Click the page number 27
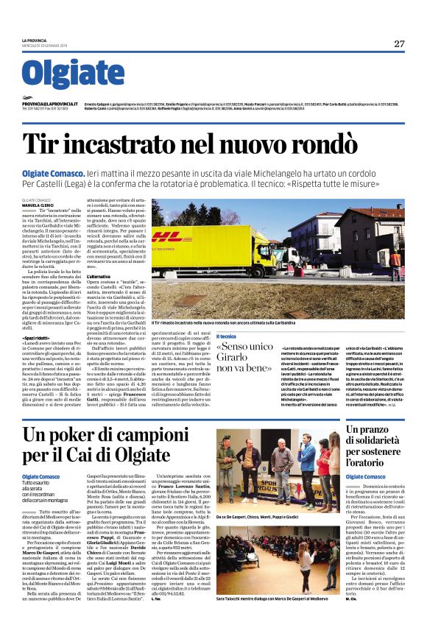[399, 44]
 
